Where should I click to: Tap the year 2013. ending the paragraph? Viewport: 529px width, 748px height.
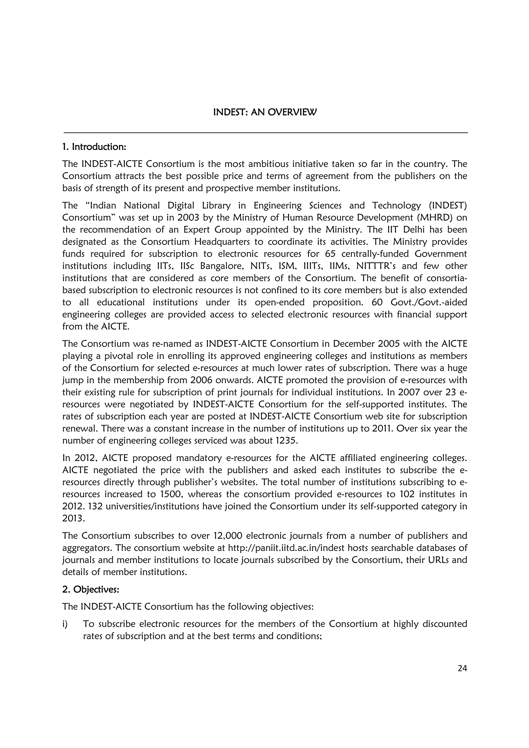(73, 518)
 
